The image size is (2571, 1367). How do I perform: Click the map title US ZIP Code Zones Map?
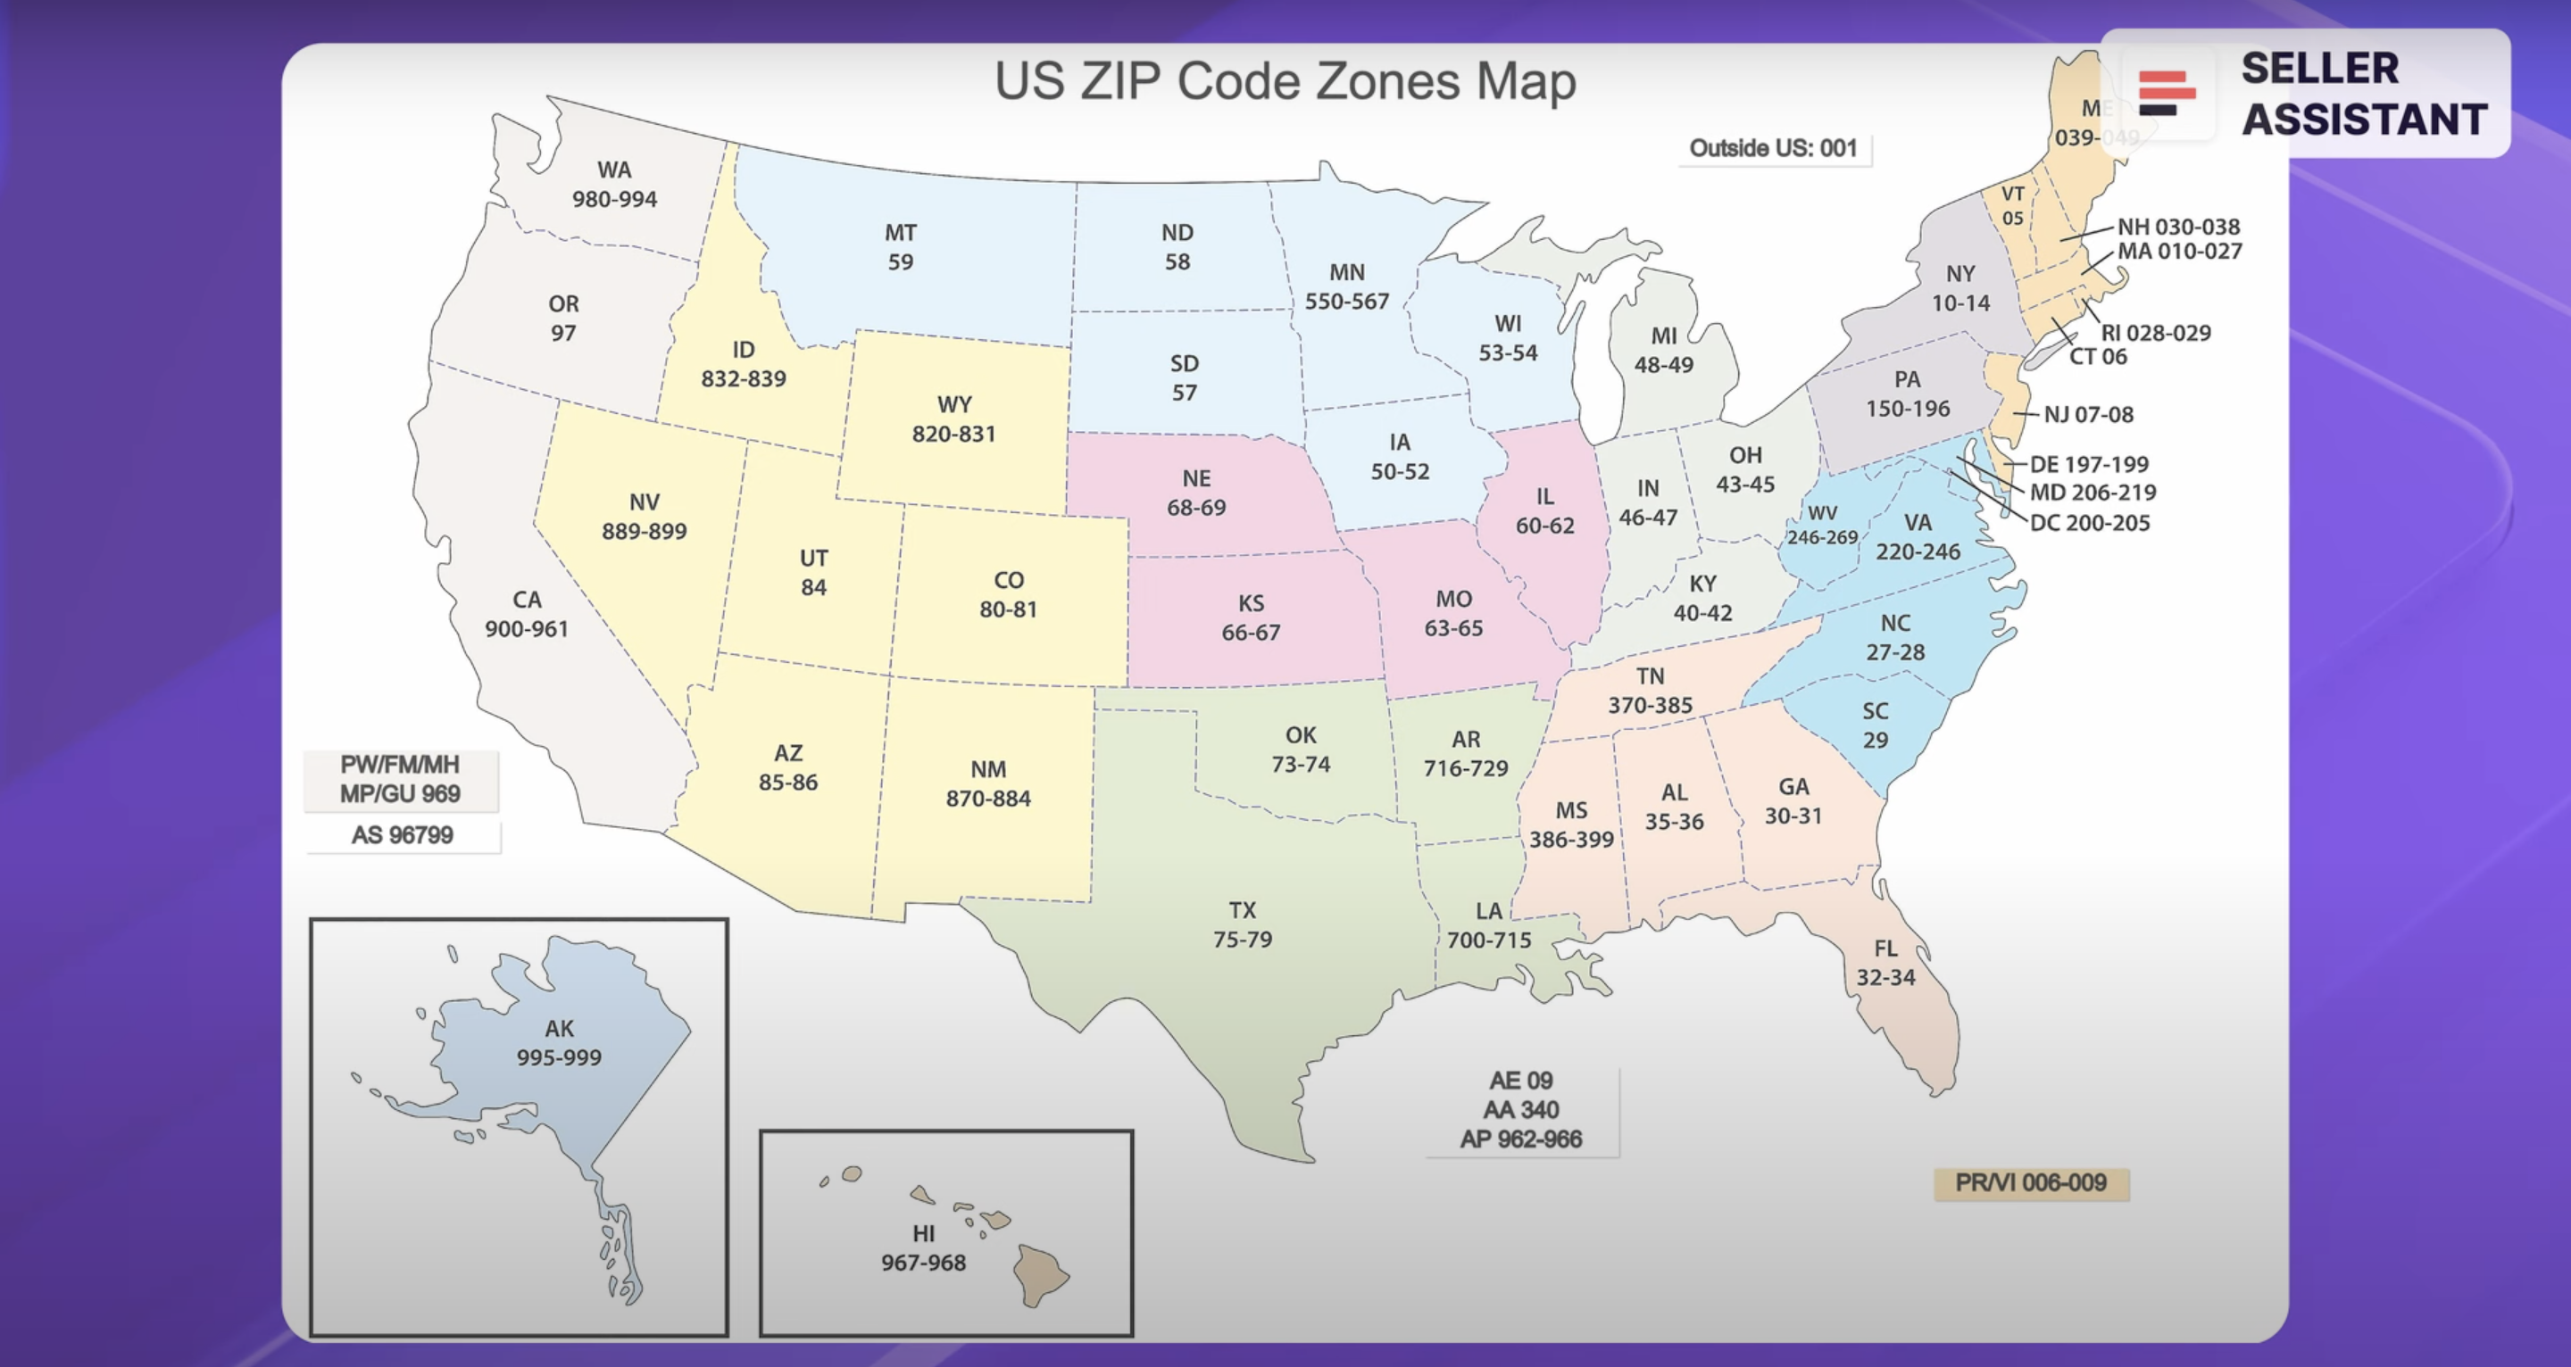1285,81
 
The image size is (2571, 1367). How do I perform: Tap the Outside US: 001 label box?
1773,149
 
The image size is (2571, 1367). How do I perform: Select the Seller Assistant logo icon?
2167,93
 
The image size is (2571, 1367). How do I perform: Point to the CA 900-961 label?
526,615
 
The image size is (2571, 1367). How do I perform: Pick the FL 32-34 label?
1885,963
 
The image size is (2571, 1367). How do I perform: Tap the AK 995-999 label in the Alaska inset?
559,1043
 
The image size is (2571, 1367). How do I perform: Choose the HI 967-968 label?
923,1248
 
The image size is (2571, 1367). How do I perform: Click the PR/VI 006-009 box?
2030,1183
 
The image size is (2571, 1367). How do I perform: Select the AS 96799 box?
403,835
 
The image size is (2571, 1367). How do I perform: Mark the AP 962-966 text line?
1521,1139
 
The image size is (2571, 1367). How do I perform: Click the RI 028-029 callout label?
2155,333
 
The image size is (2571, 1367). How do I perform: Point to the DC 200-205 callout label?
2089,523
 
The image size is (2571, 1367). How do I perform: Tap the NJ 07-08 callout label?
2088,415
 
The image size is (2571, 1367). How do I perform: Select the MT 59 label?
900,247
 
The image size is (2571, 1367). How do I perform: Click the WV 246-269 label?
1822,525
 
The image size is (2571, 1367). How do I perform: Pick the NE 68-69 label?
1195,493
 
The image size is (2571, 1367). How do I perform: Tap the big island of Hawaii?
1039,1275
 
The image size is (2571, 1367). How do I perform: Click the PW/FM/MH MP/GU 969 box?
400,779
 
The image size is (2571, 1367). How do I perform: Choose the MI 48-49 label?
1663,351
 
